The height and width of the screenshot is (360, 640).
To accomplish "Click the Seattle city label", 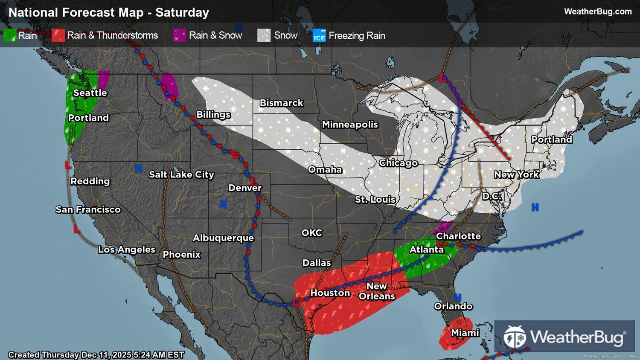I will coord(90,93).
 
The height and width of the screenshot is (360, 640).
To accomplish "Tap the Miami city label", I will coord(465,333).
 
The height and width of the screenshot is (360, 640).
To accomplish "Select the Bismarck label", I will coord(282,103).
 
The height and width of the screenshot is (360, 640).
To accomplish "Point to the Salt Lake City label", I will coord(181,174).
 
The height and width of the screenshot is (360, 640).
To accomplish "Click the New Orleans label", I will coord(377,291).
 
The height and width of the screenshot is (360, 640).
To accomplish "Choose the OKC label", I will coord(312,233).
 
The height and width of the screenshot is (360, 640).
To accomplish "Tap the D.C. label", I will coord(492,197).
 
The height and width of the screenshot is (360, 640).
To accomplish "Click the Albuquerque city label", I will coord(223,238).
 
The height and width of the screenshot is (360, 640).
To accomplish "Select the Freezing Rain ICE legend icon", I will coord(319,36).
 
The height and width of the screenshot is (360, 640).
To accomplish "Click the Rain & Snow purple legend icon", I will coord(180,36).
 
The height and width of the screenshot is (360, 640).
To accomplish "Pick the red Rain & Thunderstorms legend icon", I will coord(58,36).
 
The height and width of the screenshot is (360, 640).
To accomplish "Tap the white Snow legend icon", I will coord(264,36).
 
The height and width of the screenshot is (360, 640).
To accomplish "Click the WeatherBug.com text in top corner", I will coord(598,12).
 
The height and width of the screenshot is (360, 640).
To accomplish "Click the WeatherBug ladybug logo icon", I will coord(515,337).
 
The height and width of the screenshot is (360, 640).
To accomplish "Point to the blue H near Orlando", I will coord(458,297).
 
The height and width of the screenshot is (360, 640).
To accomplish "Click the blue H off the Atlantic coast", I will coord(535,208).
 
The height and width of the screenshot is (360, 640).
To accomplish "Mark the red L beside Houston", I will coord(296,303).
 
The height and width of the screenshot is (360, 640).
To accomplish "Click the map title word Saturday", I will coord(182,13).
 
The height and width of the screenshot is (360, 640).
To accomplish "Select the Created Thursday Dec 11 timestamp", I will coord(96,355).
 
